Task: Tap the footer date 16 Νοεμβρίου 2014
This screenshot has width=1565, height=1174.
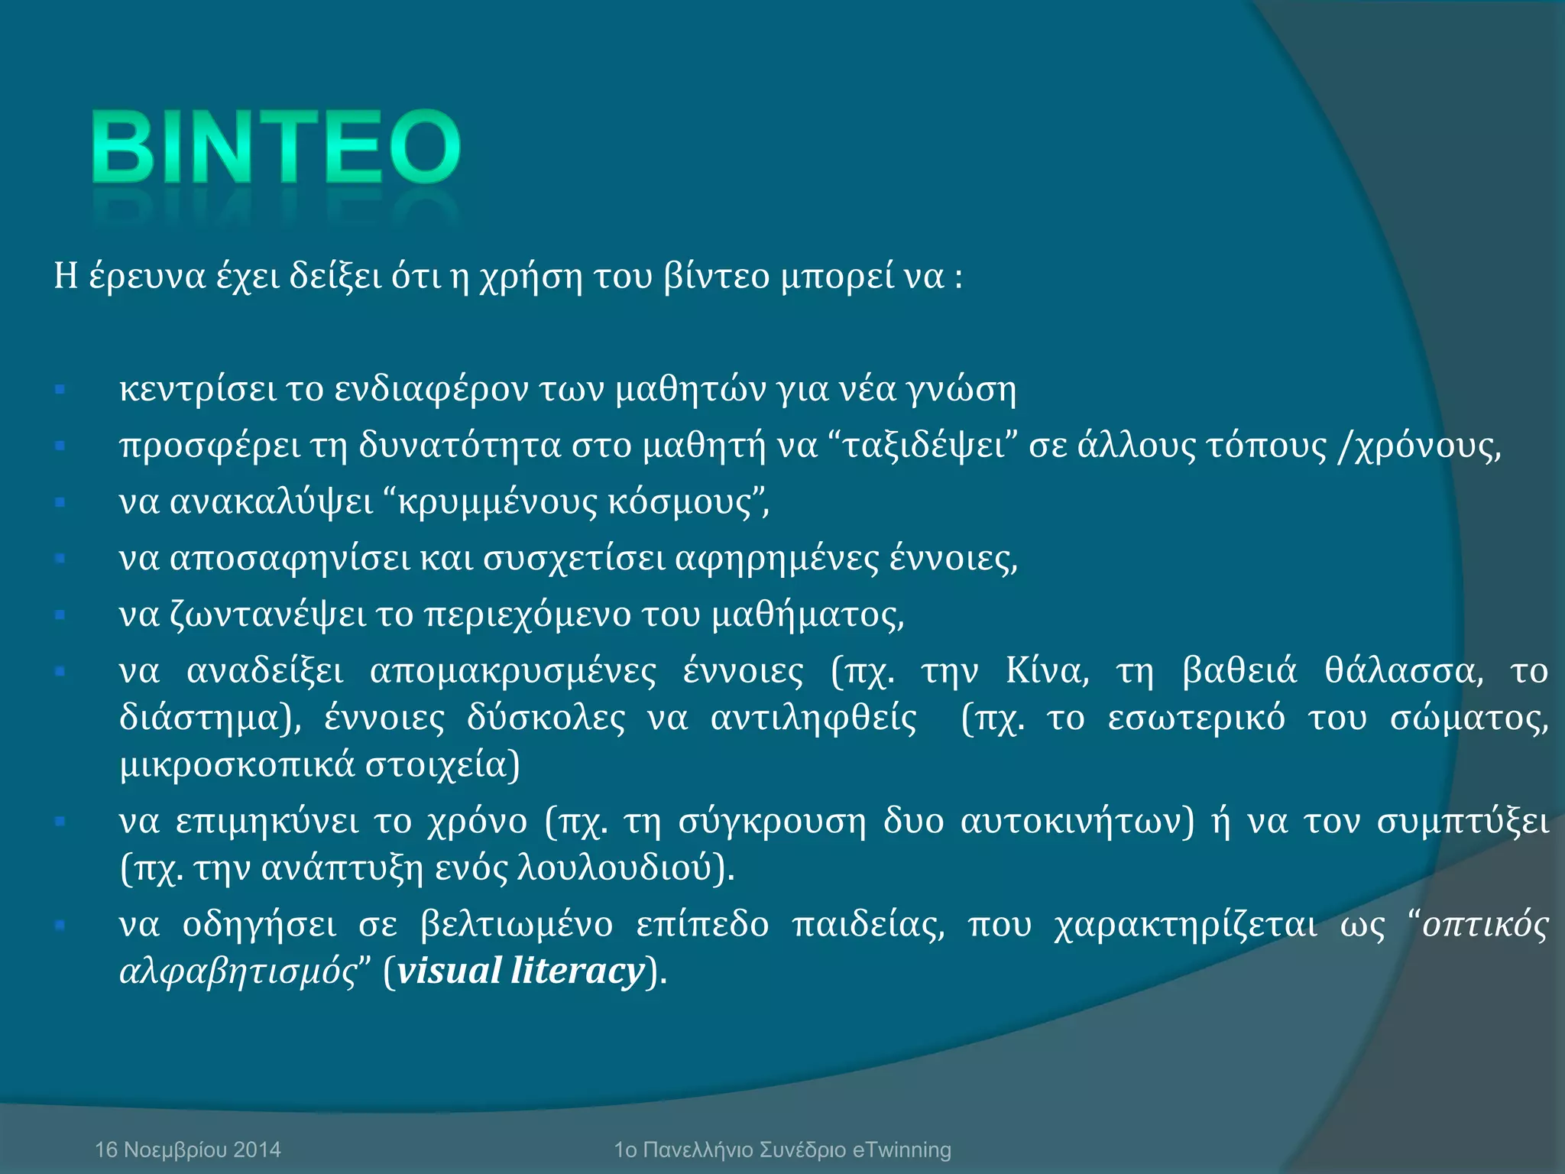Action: (x=188, y=1150)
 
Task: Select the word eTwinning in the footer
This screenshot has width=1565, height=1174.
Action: (x=902, y=1150)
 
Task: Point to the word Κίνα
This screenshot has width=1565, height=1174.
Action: (x=1047, y=671)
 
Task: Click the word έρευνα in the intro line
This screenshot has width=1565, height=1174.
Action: (x=147, y=276)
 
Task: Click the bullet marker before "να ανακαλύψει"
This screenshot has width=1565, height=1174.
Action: (x=60, y=502)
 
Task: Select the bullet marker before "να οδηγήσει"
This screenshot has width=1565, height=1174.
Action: (x=60, y=926)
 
